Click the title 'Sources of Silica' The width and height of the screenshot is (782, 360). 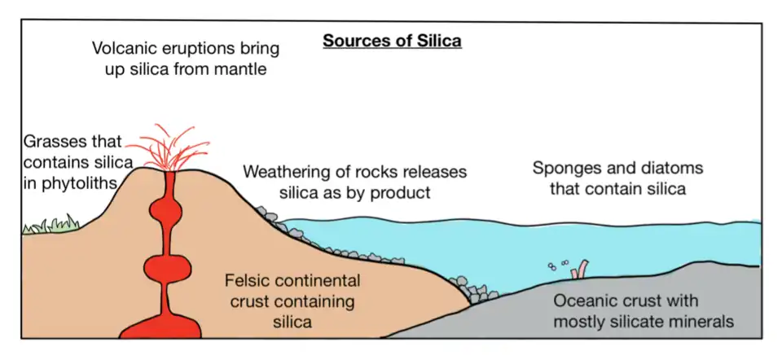392,40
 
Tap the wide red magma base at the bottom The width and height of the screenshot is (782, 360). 161,326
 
